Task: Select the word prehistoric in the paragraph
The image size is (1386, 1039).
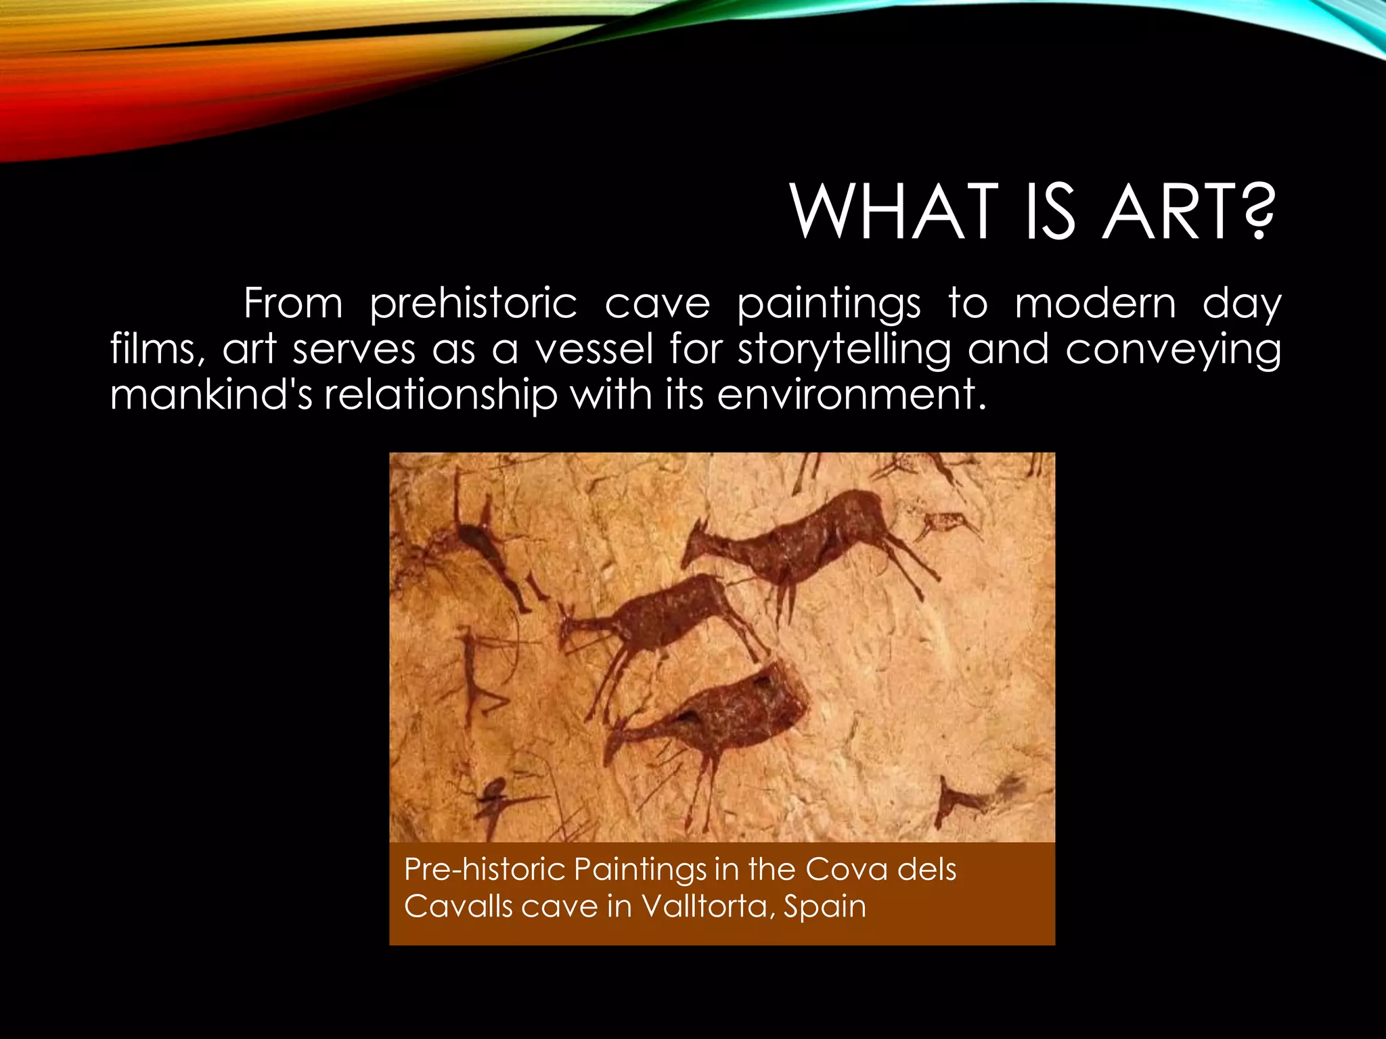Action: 473,304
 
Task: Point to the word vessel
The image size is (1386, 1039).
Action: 594,350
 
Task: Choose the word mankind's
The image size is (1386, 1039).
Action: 210,395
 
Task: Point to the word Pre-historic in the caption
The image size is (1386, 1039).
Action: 483,869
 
